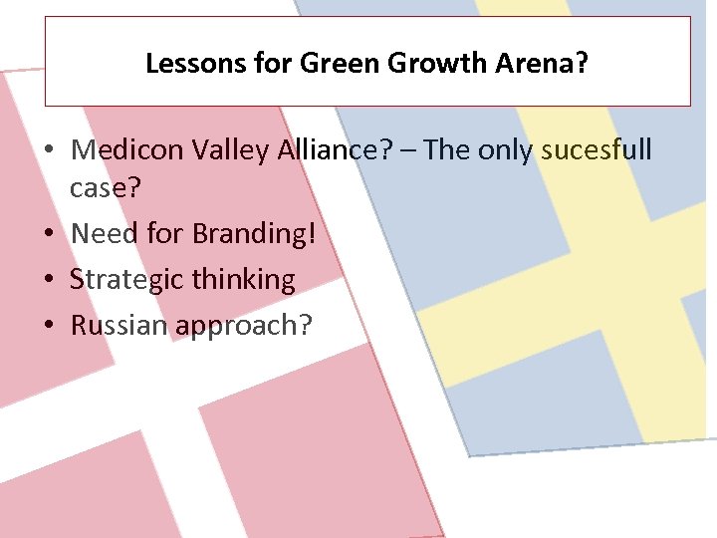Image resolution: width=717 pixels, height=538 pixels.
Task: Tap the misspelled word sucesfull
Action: tap(597, 150)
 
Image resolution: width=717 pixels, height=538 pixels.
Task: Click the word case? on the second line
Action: tap(105, 190)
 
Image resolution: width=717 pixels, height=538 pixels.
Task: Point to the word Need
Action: tap(105, 234)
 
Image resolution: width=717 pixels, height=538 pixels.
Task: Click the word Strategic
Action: tap(126, 280)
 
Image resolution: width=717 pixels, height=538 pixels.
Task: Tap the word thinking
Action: tap(245, 280)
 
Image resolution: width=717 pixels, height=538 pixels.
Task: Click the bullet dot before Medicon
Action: tap(49, 151)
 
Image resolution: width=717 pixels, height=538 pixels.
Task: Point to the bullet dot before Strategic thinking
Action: tap(49, 280)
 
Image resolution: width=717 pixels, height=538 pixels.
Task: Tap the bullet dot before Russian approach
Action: tap(49, 325)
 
